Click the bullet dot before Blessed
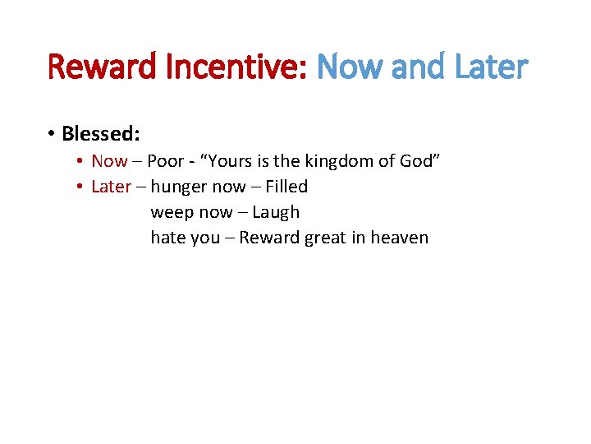pyautogui.click(x=51, y=133)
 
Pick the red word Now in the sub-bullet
pyautogui.click(x=109, y=161)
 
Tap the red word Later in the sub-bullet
pyautogui.click(x=111, y=187)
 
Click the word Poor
pyautogui.click(x=165, y=161)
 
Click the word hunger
pyautogui.click(x=178, y=187)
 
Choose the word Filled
pyautogui.click(x=286, y=187)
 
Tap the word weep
pyautogui.click(x=172, y=212)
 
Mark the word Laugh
pyautogui.click(x=276, y=212)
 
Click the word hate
pyautogui.click(x=167, y=238)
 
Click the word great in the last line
pyautogui.click(x=326, y=238)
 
